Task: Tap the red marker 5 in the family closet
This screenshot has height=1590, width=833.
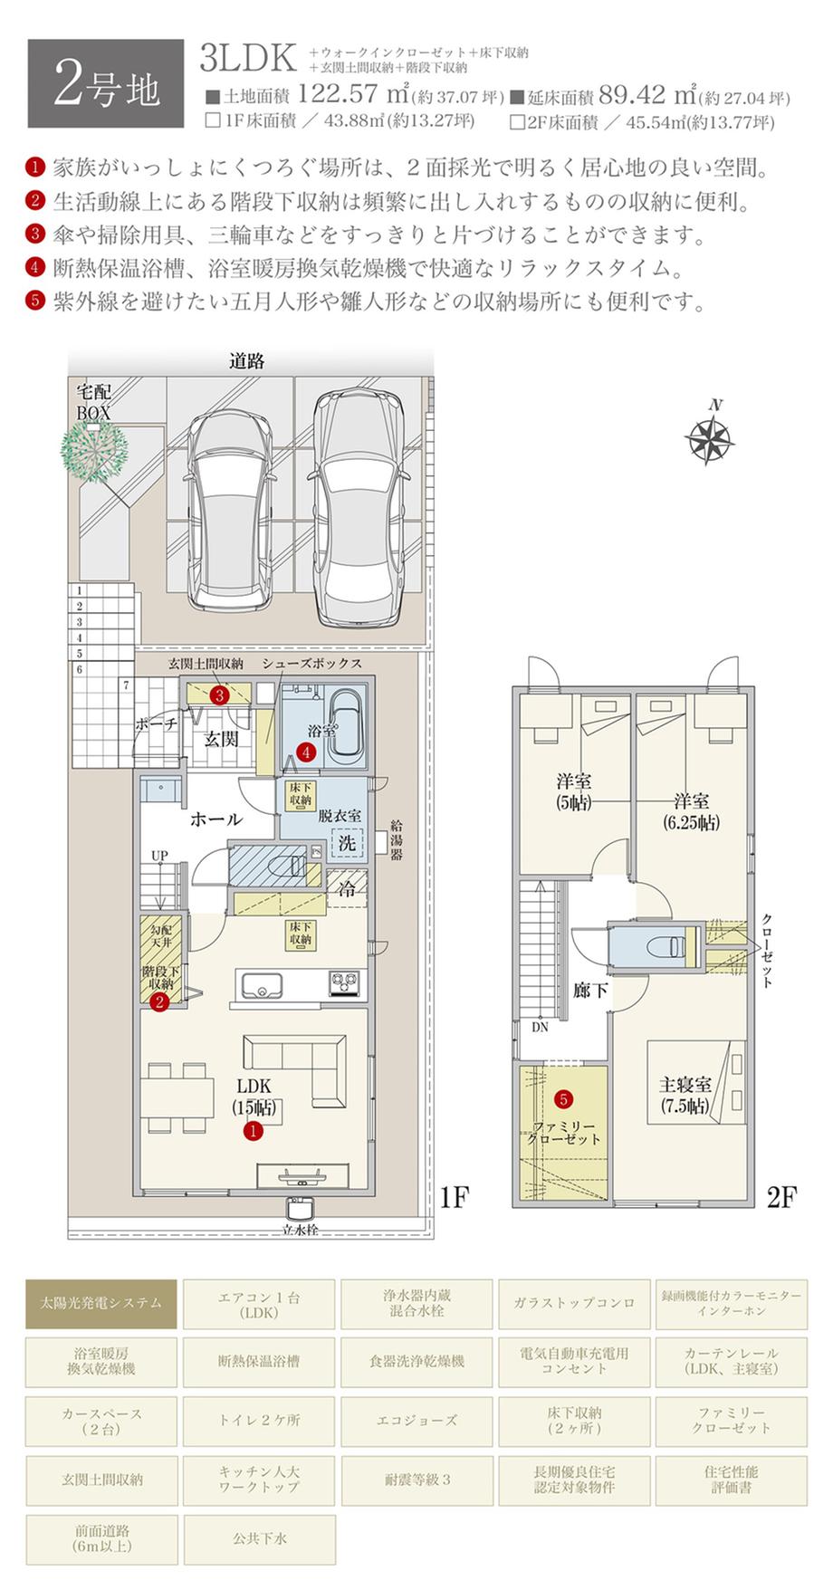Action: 563,1099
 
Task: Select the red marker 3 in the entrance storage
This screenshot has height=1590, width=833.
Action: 220,695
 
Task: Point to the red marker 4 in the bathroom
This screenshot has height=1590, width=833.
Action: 307,752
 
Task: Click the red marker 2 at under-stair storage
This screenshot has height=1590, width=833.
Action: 159,1002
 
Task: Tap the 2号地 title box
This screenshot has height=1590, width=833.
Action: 105,83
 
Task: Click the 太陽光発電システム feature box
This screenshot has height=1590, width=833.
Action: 101,1303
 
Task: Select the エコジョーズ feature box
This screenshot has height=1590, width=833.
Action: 417,1421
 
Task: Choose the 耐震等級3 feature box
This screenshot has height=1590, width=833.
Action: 417,1480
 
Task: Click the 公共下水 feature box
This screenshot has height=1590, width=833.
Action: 260,1539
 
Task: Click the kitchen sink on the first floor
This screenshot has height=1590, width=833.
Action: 261,984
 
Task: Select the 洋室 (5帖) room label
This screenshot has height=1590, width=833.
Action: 574,790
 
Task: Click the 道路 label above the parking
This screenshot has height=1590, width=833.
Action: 246,361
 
